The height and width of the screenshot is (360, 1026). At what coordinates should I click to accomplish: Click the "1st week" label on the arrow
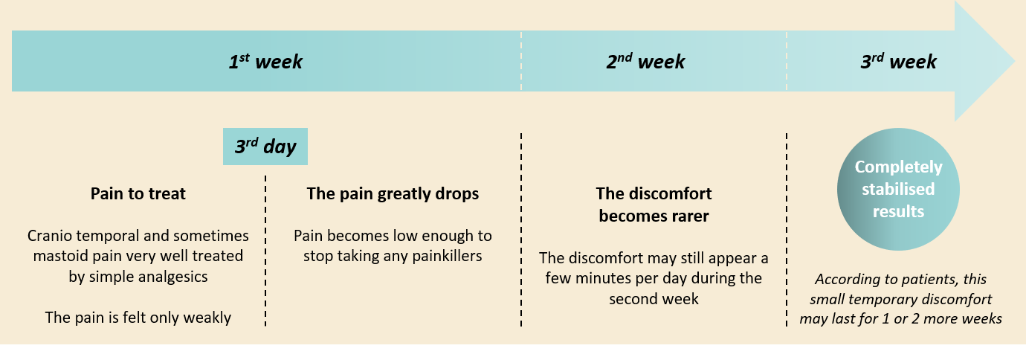[265, 62]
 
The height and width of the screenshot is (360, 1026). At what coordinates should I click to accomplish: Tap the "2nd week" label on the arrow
[645, 62]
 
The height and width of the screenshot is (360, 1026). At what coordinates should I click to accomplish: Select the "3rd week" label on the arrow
[898, 62]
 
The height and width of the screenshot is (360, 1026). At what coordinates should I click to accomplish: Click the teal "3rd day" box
[265, 147]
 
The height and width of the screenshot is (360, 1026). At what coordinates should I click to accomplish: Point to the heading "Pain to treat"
[138, 193]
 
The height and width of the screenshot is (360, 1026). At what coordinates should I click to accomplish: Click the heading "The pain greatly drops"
[393, 193]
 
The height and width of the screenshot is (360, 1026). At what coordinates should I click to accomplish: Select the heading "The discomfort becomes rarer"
[654, 205]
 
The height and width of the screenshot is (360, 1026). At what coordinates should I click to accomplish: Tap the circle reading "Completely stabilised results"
[898, 189]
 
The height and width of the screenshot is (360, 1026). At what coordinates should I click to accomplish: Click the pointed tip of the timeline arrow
[1015, 62]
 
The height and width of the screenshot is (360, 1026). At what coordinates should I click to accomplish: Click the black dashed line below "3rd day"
[265, 251]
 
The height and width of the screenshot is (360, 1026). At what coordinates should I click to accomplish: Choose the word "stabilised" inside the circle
[898, 189]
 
